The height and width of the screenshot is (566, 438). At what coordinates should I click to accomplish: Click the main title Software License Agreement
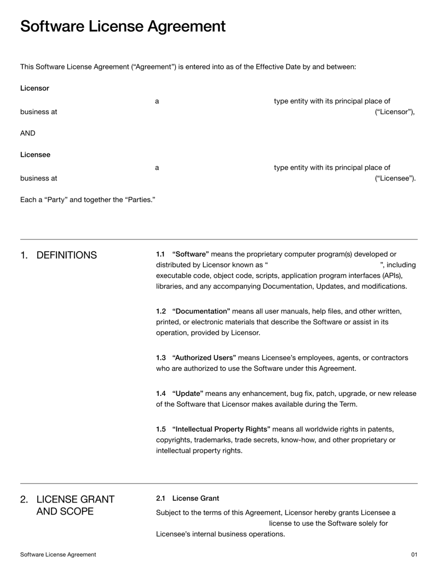pos(123,26)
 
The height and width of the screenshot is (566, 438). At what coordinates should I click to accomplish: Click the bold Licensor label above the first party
pos(34,88)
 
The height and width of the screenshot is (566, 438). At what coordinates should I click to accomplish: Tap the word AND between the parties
pos(27,133)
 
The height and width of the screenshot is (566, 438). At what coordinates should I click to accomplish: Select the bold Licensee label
pos(35,155)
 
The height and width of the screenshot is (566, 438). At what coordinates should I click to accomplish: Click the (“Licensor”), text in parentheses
pos(395,112)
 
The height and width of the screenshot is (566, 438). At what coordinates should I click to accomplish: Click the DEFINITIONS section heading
pos(66,255)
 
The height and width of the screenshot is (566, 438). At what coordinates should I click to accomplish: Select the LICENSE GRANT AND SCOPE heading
pos(75,505)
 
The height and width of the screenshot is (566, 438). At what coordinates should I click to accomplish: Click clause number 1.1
pos(160,254)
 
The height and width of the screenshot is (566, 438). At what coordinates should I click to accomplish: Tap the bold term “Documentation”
pos(201,311)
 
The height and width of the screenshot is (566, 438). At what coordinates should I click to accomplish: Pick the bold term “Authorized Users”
pos(204,358)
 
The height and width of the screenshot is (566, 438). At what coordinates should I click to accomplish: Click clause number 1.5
pos(160,429)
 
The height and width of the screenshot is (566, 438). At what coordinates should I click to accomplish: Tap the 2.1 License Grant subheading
pos(187,498)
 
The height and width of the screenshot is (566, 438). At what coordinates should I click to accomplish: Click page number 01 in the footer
pos(414,555)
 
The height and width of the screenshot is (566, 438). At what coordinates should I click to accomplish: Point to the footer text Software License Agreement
pos(58,555)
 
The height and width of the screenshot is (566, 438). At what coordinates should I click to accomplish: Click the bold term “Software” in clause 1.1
pos(190,254)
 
